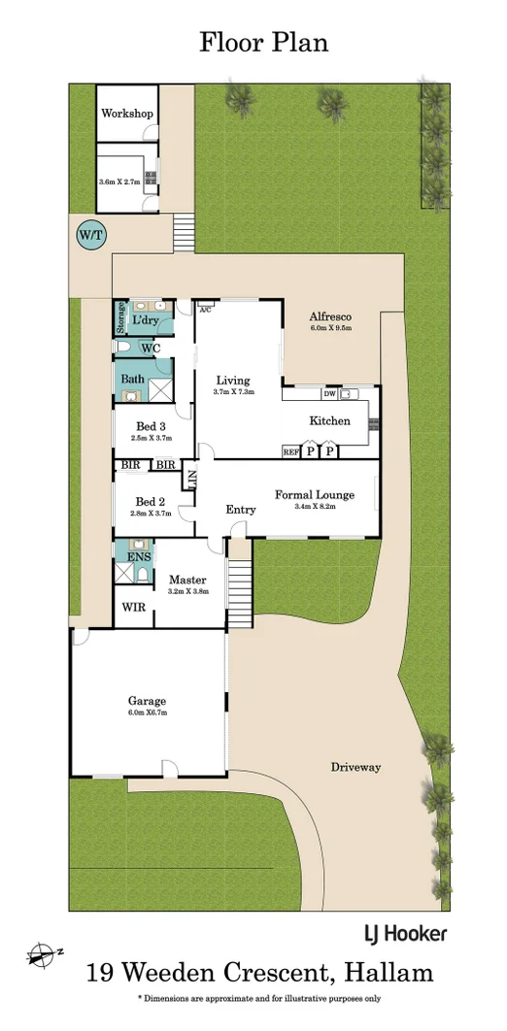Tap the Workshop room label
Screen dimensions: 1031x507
pos(127,114)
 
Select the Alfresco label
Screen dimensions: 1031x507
pos(329,316)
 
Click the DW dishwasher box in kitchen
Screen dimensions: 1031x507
pos(329,393)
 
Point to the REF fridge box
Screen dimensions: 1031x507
pos(290,451)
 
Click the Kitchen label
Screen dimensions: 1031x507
pos(329,421)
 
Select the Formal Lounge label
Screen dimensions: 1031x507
pos(314,495)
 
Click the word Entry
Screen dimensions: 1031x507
pos(241,510)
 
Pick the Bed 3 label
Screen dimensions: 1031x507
pos(151,426)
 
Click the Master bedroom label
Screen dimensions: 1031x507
pos(187,580)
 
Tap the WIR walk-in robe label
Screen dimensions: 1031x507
pos(133,607)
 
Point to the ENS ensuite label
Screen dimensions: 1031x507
pos(139,556)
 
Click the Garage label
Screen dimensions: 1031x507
pos(147,700)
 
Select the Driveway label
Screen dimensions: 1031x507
pos(355,767)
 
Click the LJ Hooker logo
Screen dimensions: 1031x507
pos(405,933)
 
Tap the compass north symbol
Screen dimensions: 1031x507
pos(42,953)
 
